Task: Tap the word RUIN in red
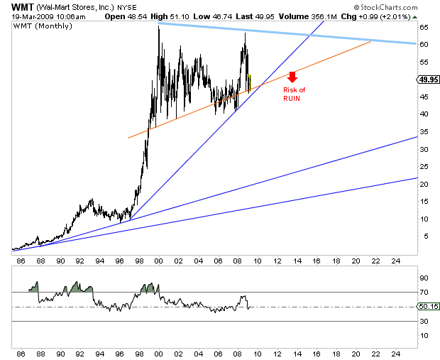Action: pyautogui.click(x=292, y=97)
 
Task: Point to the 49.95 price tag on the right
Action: pyautogui.click(x=427, y=80)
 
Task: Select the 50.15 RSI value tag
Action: pyautogui.click(x=427, y=307)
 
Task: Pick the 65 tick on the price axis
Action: pyautogui.click(x=423, y=27)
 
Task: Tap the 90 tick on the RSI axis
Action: pyautogui.click(x=423, y=278)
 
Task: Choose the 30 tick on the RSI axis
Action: pyautogui.click(x=423, y=322)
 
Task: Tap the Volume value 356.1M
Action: pyautogui.click(x=292, y=15)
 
